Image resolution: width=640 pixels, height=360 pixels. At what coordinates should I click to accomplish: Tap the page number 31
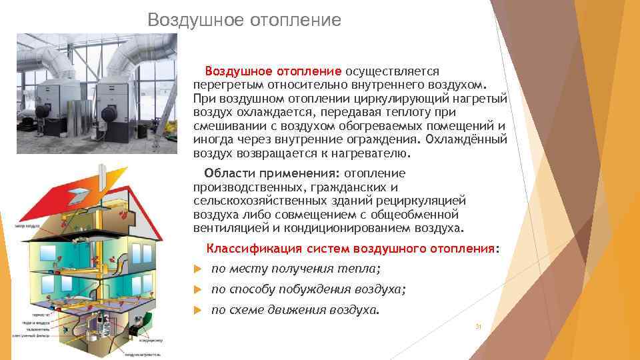[x=477, y=327]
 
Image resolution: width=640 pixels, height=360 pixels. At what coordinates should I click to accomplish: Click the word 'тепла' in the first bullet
[x=363, y=269]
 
